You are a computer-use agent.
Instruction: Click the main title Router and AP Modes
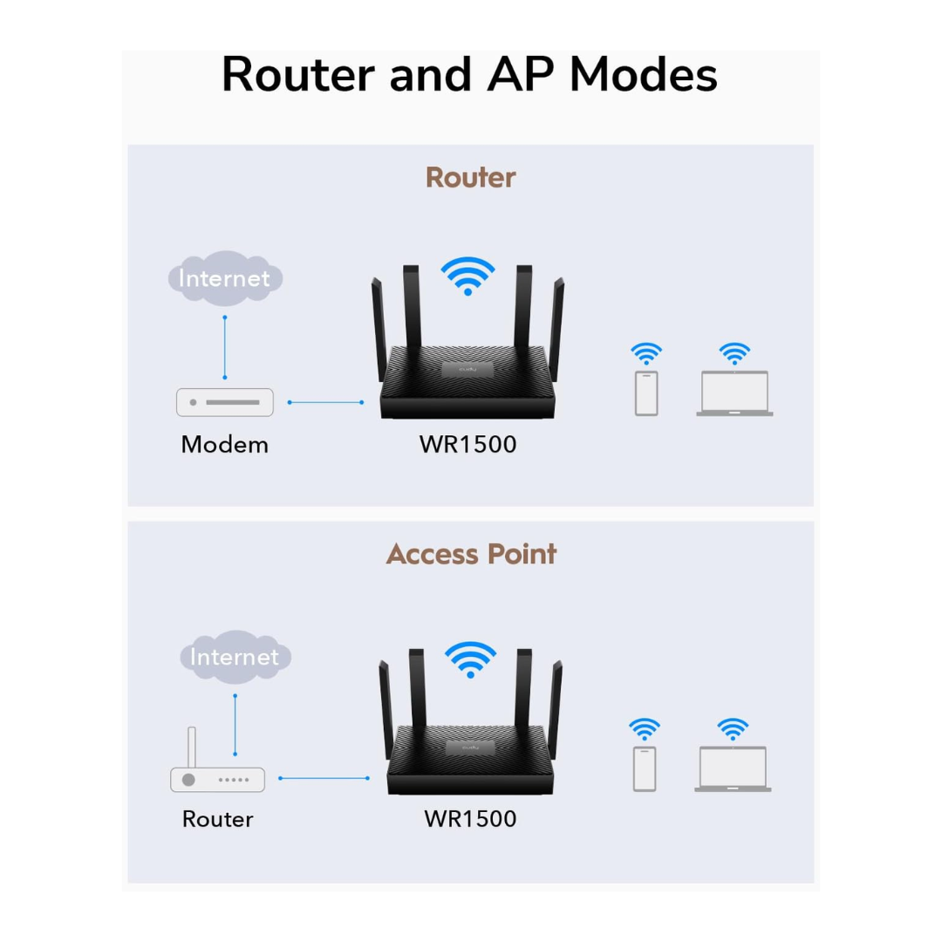(469, 74)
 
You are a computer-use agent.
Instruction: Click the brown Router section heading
(470, 177)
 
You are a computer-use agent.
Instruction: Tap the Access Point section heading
(471, 554)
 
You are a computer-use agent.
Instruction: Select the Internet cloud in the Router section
(225, 278)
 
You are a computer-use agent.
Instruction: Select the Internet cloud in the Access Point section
(235, 656)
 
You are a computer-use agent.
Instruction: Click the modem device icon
(225, 402)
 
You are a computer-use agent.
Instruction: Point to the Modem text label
(224, 444)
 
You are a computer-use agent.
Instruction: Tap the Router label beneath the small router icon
(217, 819)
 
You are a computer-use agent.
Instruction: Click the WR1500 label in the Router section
(468, 444)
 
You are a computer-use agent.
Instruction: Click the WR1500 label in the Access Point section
(470, 819)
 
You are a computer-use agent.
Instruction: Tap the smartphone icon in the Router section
(646, 393)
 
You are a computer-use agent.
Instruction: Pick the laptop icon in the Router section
(734, 393)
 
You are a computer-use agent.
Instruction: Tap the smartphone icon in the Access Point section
(645, 768)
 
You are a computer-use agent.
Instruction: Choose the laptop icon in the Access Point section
(733, 768)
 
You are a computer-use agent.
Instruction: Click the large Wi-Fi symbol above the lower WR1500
(470, 659)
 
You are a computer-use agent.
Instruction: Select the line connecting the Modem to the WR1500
(325, 402)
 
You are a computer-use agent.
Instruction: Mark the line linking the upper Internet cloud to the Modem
(225, 346)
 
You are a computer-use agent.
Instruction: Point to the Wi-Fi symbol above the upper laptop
(734, 353)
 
